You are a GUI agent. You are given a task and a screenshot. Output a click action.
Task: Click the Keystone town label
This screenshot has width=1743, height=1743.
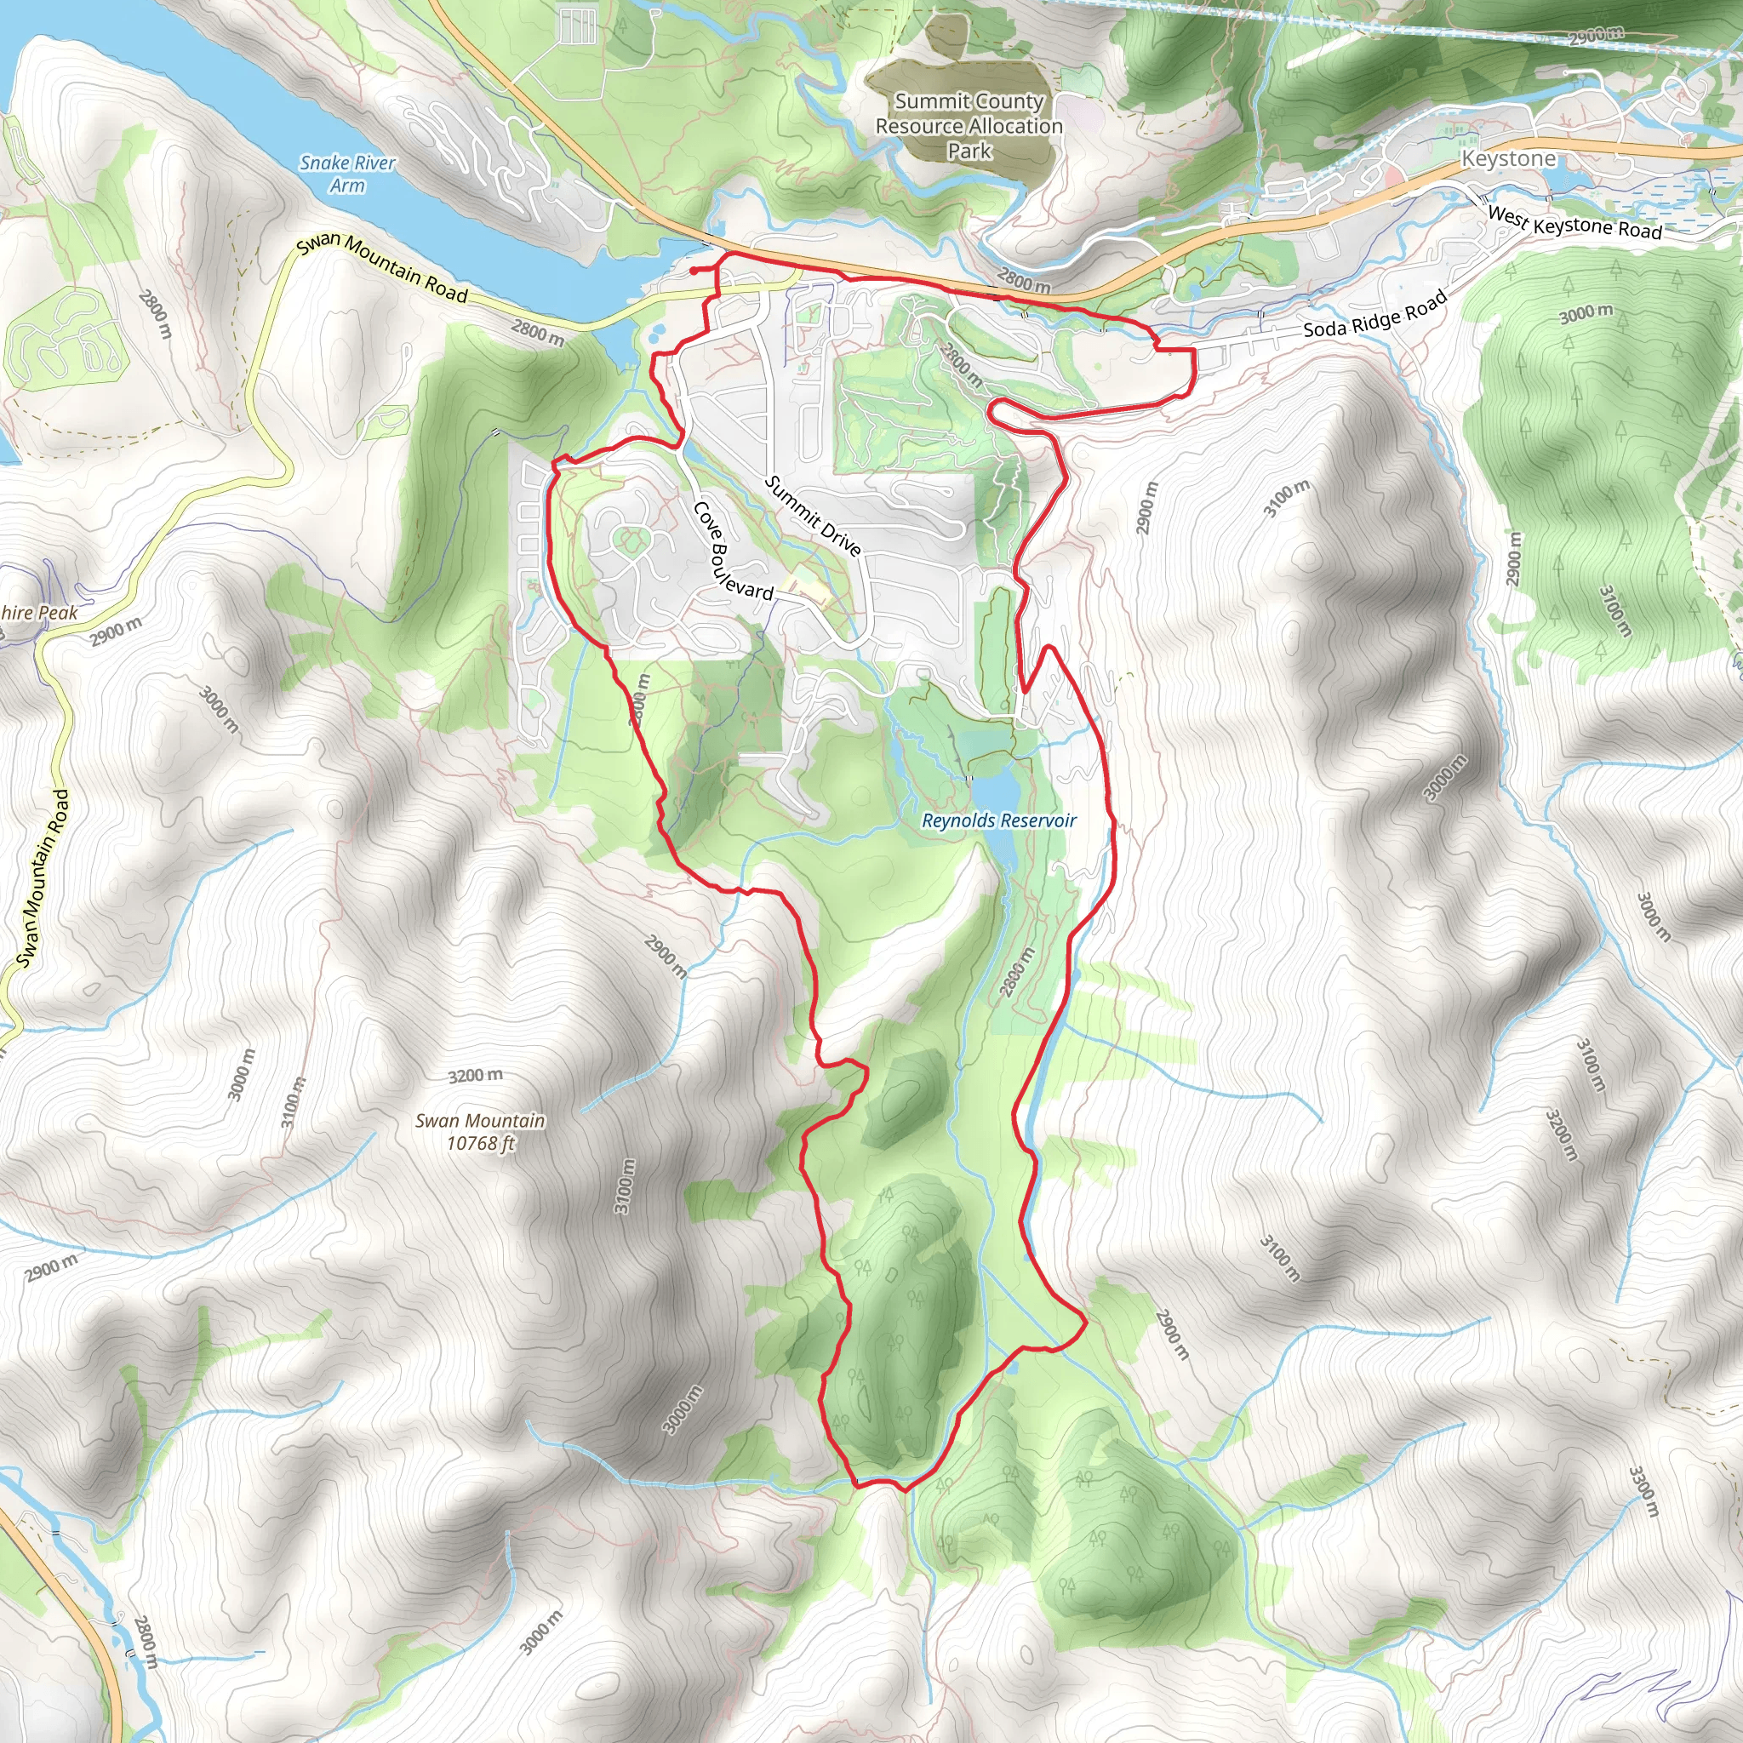click(x=1508, y=159)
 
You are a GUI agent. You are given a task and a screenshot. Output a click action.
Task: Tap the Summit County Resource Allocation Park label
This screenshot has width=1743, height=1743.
click(x=969, y=126)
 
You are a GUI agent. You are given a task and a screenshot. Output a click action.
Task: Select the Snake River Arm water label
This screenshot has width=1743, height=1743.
click(x=347, y=174)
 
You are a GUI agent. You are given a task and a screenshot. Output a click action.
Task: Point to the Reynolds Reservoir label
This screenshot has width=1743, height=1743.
click(x=998, y=820)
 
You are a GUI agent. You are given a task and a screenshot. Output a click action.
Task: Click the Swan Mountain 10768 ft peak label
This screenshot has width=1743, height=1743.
click(x=480, y=1131)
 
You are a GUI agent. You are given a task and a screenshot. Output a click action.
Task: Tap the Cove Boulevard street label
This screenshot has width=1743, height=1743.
click(x=732, y=552)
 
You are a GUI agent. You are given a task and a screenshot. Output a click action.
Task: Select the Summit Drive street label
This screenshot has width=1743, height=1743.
click(x=812, y=516)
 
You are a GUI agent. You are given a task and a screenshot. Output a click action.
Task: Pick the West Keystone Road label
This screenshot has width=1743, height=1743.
click(x=1574, y=222)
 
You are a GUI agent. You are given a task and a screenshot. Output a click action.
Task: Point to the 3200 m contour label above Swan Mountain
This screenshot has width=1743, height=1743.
click(x=476, y=1076)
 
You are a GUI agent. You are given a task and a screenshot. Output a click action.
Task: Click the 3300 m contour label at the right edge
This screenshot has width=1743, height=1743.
click(x=1643, y=1491)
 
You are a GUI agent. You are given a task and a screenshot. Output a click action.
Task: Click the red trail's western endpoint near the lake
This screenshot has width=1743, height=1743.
click(x=692, y=270)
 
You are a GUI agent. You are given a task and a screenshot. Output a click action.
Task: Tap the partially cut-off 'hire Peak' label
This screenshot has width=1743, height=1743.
click(x=40, y=613)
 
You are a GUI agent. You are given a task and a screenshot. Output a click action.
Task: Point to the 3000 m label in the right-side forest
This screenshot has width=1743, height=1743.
click(x=1586, y=313)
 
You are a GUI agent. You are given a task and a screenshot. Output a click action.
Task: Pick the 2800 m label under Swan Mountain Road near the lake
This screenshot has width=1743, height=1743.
click(x=538, y=333)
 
